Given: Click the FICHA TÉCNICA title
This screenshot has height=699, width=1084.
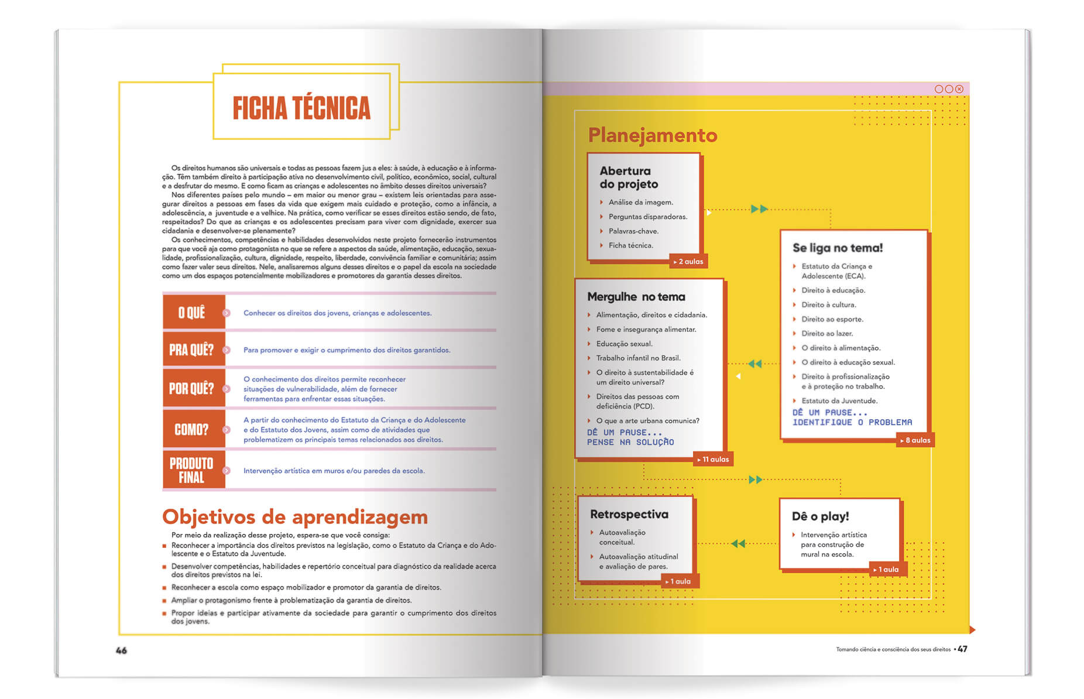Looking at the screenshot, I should (x=301, y=108).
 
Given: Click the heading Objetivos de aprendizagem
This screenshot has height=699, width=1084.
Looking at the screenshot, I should (x=295, y=517).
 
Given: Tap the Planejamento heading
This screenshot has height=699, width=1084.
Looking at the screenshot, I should (x=652, y=135).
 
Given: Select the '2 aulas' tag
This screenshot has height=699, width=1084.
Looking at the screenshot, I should (x=688, y=262).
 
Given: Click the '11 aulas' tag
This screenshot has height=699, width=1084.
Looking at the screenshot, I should (x=713, y=460).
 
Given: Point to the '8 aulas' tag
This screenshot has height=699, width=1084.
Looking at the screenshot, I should (x=915, y=440).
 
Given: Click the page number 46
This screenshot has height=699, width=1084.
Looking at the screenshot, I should (x=121, y=650).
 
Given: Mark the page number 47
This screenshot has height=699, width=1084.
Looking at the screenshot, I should (x=962, y=649).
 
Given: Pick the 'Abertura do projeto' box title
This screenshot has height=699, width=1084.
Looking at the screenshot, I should (x=629, y=177).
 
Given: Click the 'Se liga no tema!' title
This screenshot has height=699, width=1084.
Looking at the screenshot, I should (x=838, y=248).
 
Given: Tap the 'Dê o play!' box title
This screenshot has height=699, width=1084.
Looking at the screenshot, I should (x=820, y=516).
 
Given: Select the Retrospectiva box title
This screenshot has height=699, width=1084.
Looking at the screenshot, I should (x=629, y=515).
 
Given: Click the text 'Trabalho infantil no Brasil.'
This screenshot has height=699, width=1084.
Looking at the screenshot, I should (x=638, y=358).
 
